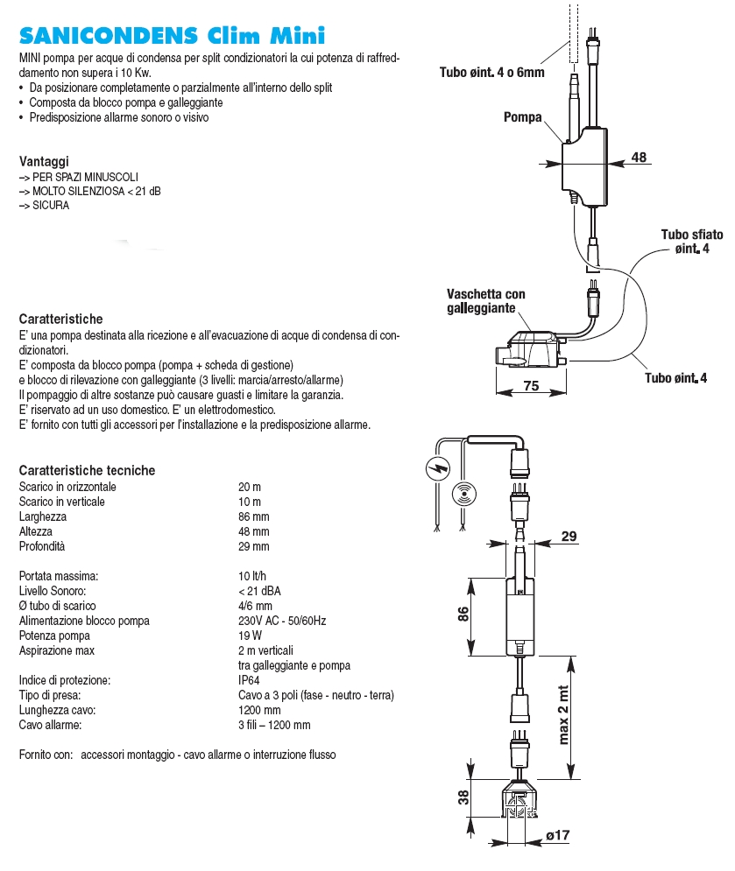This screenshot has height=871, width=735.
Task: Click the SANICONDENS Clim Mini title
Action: (172, 36)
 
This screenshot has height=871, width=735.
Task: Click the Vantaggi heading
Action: (44, 162)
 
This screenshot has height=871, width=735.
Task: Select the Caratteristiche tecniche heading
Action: (87, 470)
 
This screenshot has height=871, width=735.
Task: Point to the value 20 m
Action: (250, 487)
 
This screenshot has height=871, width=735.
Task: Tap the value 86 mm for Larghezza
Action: (253, 516)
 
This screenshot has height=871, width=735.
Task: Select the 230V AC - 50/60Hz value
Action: (281, 621)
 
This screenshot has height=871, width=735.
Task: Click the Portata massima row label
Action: (59, 576)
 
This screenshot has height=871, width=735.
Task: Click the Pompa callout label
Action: (523, 117)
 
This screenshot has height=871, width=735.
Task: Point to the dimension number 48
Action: (639, 158)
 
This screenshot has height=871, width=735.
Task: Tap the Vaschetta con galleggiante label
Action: (486, 301)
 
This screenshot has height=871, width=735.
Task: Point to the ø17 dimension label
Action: (557, 836)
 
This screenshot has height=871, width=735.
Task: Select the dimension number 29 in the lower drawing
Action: (569, 537)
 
